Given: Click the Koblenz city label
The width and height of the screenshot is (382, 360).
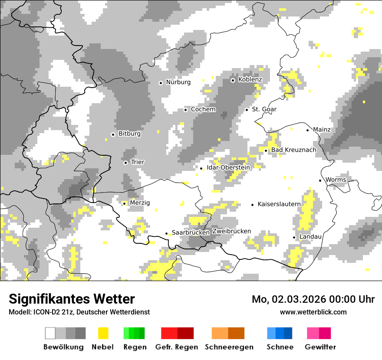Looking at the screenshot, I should click(x=250, y=80).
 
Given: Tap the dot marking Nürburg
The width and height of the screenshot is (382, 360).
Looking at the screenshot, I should click(x=161, y=82).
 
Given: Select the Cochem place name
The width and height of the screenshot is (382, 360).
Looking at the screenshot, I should click(x=203, y=109).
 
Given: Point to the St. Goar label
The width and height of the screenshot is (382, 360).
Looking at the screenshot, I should click(x=264, y=109).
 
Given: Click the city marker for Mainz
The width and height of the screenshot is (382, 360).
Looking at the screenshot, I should click(x=307, y=130).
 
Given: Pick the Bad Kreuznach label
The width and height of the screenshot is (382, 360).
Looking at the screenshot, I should click(x=294, y=150).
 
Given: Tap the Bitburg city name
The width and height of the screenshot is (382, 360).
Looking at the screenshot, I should click(x=129, y=134).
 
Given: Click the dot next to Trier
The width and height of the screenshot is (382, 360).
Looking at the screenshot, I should click(x=125, y=163).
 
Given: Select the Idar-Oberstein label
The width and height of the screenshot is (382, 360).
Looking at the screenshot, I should click(x=228, y=167).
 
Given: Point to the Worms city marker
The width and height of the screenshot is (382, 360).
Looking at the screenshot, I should click(x=320, y=180).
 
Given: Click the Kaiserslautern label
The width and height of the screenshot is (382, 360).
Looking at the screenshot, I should click(x=279, y=204).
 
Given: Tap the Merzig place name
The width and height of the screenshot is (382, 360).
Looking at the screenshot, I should click(x=140, y=203).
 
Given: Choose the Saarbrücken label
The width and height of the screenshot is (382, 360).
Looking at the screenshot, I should click(x=191, y=232).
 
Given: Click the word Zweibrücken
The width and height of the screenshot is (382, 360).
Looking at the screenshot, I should click(x=231, y=231).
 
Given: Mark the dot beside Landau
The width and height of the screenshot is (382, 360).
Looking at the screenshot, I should click(x=294, y=237).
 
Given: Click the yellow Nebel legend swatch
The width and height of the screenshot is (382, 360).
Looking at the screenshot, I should click(x=103, y=333).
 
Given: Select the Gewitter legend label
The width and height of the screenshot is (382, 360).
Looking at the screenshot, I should click(x=320, y=347).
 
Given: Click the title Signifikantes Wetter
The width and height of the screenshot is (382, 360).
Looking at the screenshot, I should click(x=72, y=299).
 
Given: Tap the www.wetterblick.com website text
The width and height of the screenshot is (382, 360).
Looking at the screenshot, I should click(x=313, y=312).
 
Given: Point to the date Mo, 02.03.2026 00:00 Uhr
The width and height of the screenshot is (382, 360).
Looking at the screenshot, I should click(x=313, y=299).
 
